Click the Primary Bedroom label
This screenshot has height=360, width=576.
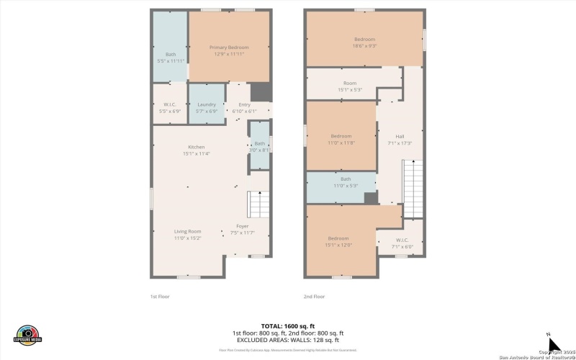click(229, 48)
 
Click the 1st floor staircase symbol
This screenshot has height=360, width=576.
click(258, 205)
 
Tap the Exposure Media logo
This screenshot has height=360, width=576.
click(27, 336)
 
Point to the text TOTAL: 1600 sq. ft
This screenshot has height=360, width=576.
click(287, 325)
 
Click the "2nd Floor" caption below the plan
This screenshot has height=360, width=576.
click(314, 296)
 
